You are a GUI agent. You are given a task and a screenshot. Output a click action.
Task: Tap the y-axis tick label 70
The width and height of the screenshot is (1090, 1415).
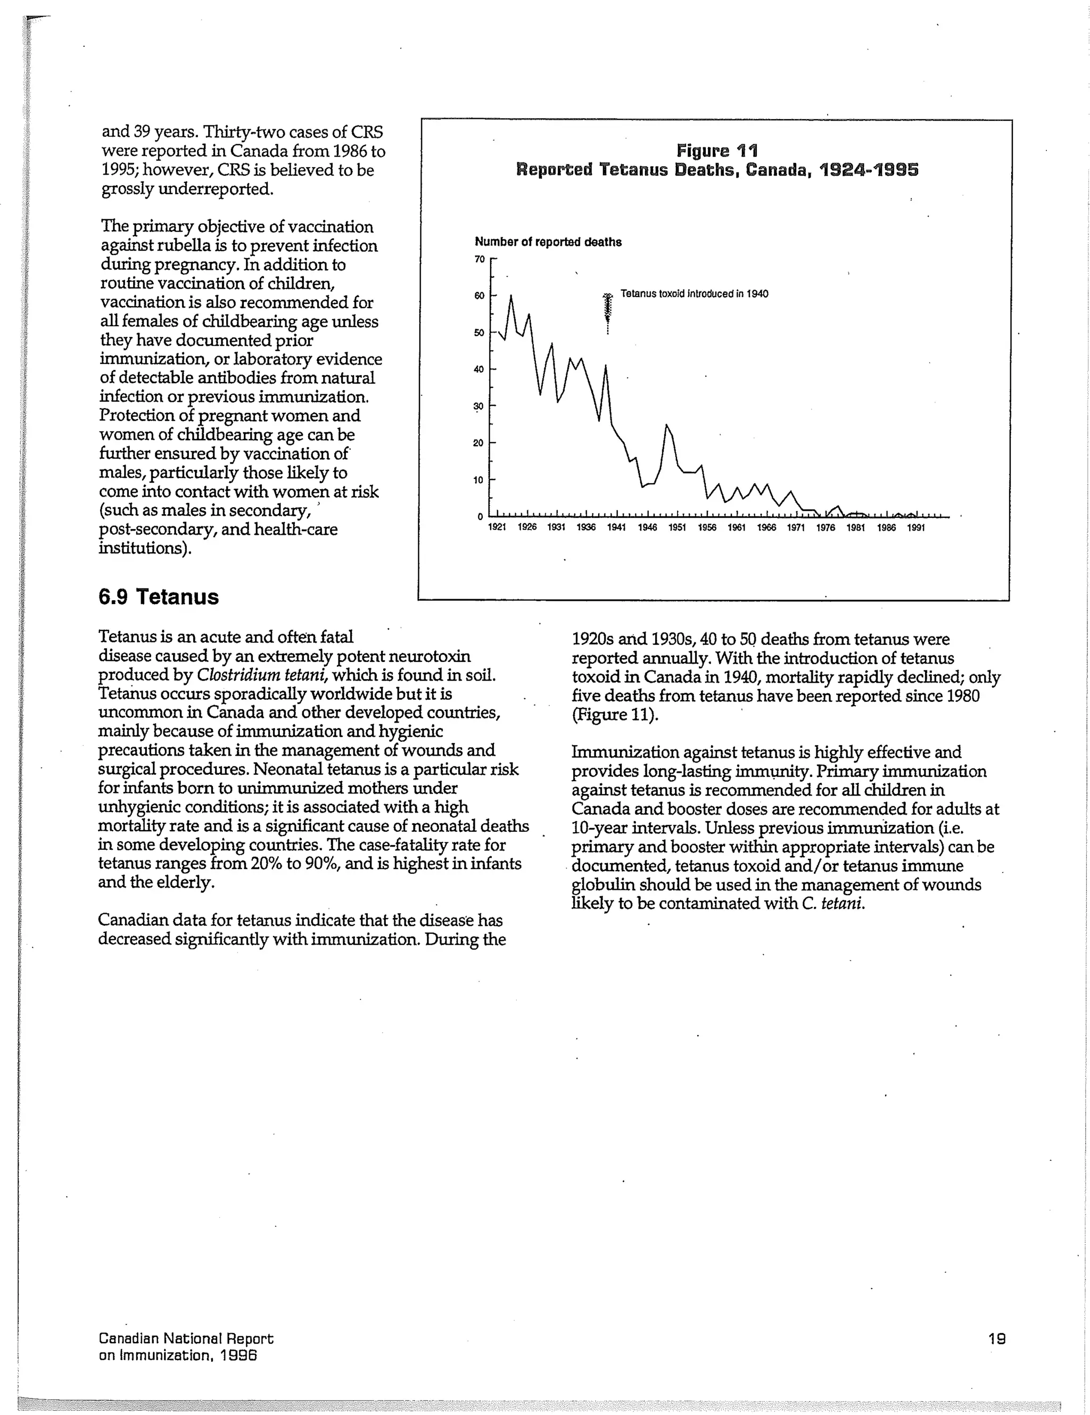pos(480,259)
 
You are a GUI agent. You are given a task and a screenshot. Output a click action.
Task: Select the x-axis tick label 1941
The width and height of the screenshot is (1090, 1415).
pos(616,528)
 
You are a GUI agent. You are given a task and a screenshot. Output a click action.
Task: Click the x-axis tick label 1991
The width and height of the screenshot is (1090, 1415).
pos(915,528)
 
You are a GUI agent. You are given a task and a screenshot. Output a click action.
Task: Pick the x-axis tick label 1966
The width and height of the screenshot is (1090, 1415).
pos(766,528)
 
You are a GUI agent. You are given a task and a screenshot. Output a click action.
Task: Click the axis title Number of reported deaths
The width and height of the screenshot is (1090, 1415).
pos(548,242)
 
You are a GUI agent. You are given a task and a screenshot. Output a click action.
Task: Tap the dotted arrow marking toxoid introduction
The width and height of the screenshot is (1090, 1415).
pos(607,312)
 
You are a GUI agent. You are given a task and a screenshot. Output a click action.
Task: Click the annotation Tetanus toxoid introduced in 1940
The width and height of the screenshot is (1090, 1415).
pos(694,294)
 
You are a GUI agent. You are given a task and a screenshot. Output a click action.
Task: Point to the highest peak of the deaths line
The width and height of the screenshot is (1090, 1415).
pos(510,297)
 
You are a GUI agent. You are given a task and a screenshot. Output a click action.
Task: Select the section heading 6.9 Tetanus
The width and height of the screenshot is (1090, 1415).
pos(159,597)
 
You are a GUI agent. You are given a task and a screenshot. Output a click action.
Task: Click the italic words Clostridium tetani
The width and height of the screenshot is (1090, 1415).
pos(262,675)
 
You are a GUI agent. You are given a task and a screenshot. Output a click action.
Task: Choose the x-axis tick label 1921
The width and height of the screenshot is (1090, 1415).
pos(497,528)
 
